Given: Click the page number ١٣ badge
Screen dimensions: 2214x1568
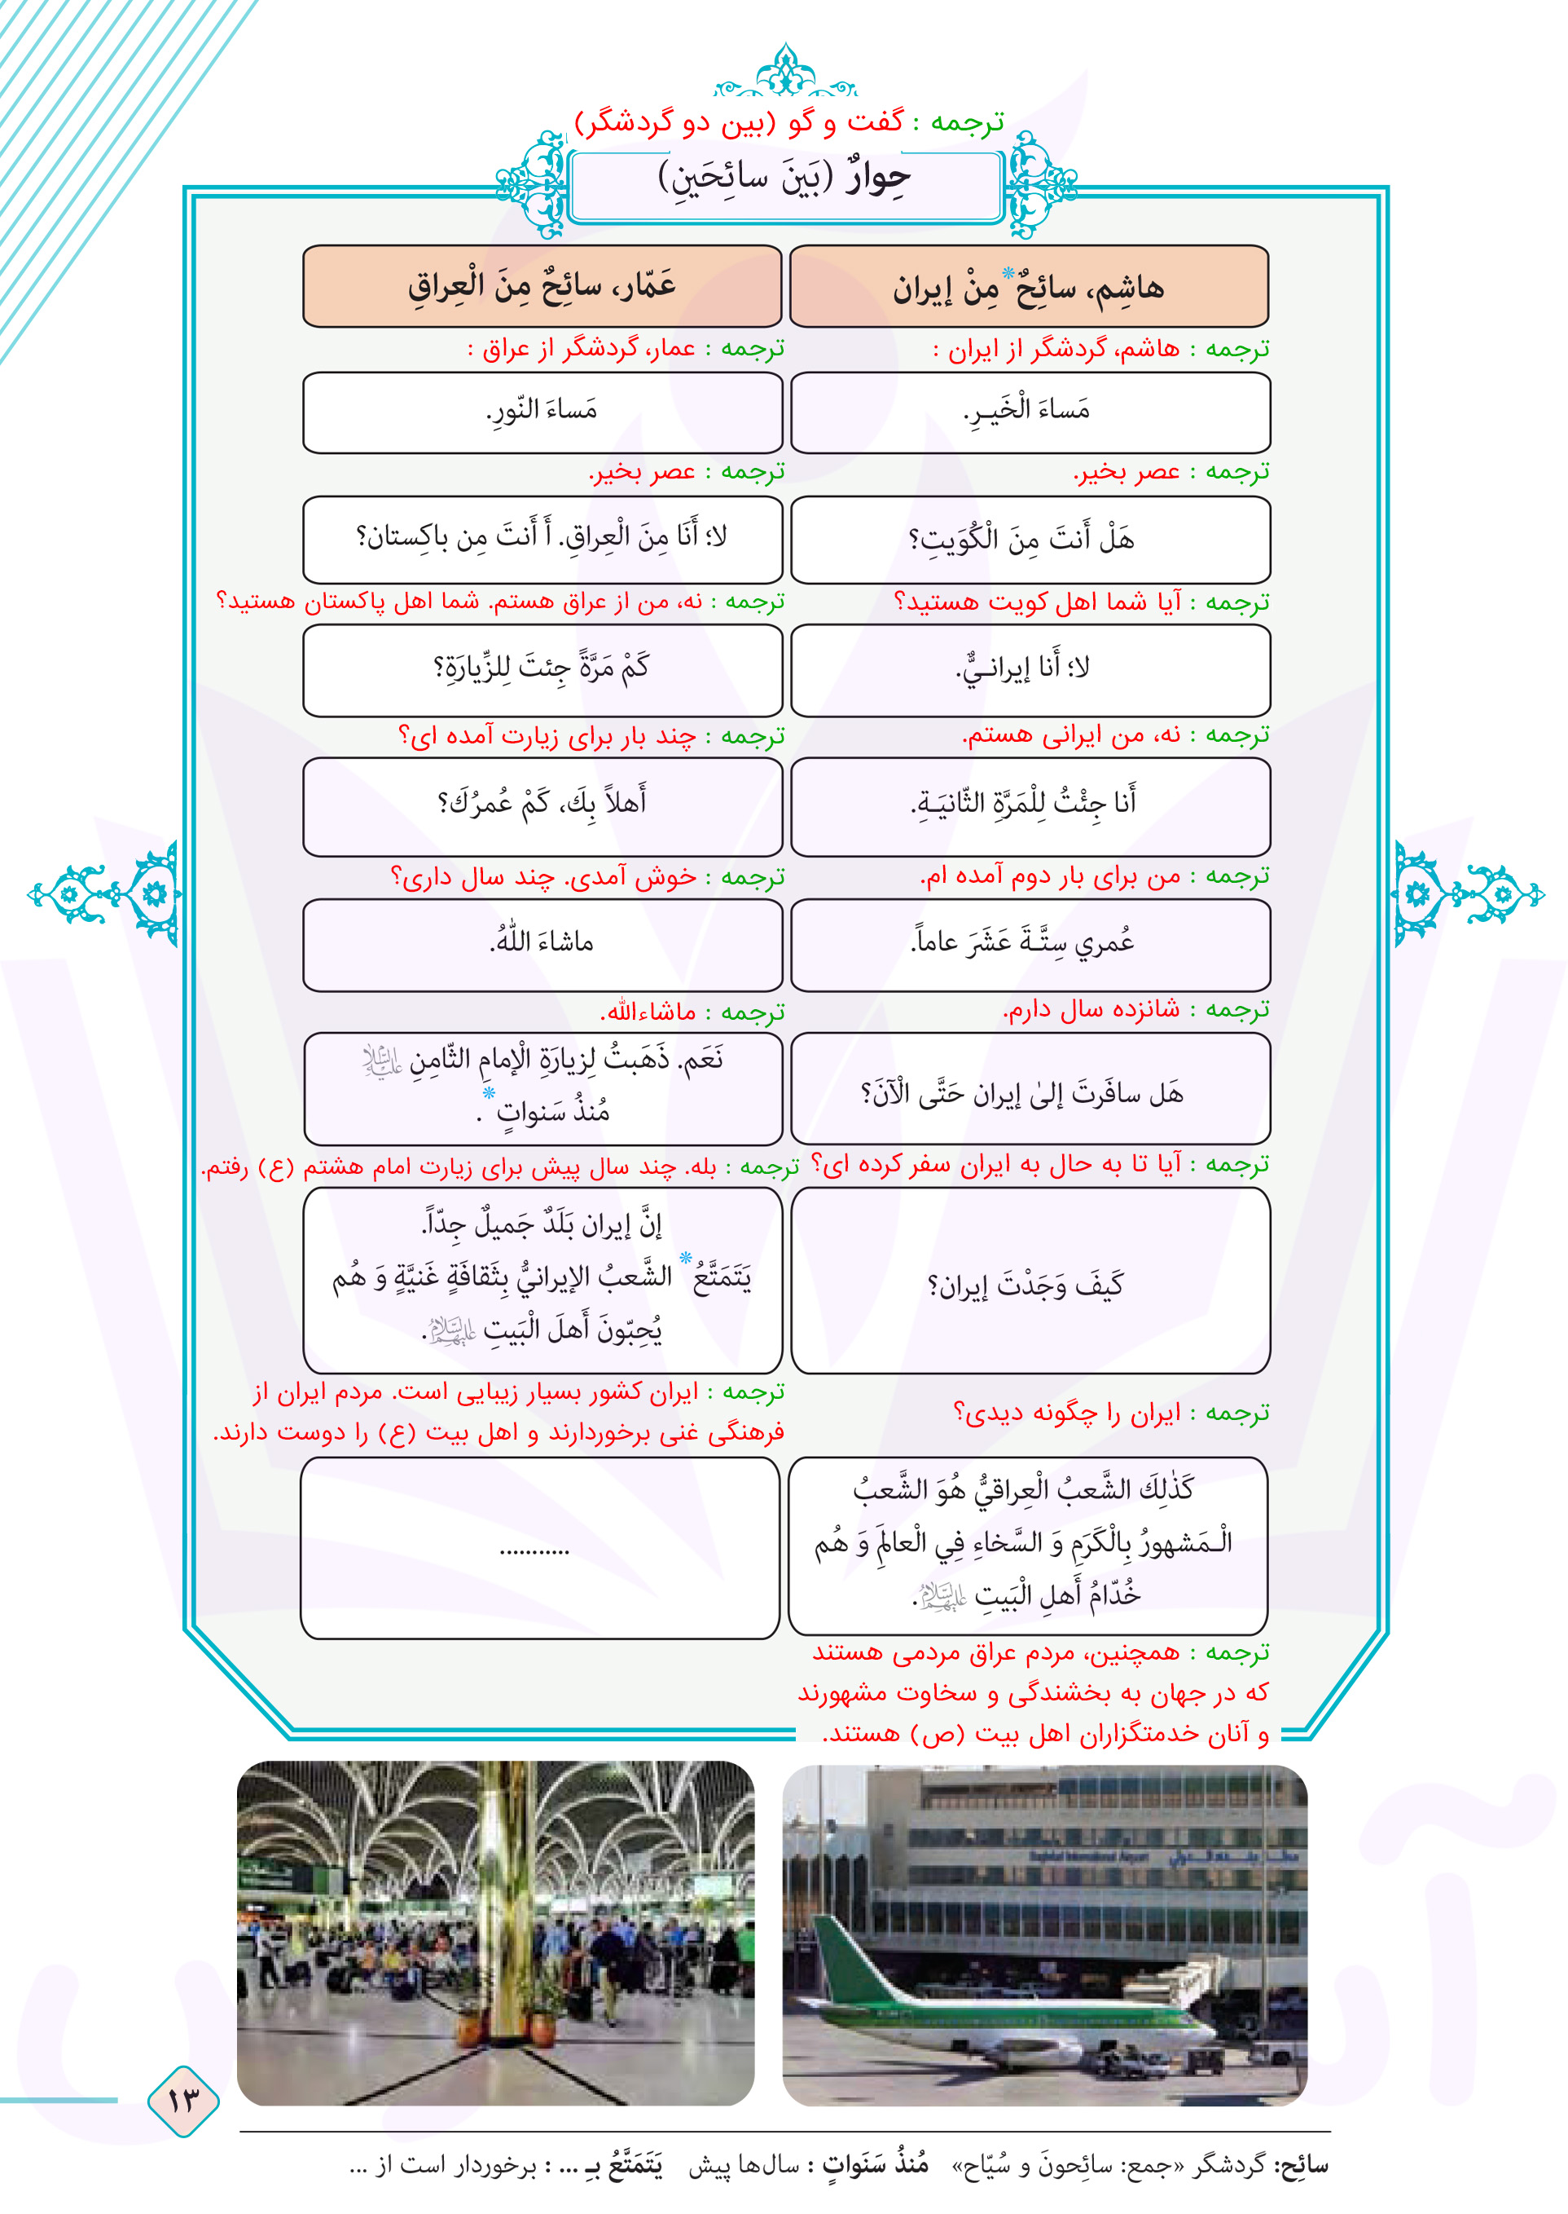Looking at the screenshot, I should [182, 2099].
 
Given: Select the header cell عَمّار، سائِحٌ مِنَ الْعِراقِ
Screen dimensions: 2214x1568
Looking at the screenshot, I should [542, 286].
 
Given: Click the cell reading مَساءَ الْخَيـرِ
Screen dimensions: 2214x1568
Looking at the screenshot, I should [1030, 412].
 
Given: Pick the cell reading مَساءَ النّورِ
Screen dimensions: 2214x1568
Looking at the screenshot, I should [542, 412].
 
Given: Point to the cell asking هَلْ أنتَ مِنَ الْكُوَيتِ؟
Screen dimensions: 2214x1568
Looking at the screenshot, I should [1030, 539].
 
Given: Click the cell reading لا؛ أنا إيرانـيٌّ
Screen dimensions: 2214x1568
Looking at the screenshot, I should [1030, 668].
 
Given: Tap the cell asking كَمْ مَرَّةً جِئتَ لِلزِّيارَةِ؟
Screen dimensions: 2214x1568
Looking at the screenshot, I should [542, 668].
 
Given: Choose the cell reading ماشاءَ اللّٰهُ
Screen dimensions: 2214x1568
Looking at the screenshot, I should [542, 943].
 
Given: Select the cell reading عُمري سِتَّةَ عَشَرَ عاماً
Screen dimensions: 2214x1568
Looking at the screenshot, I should [1030, 943].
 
